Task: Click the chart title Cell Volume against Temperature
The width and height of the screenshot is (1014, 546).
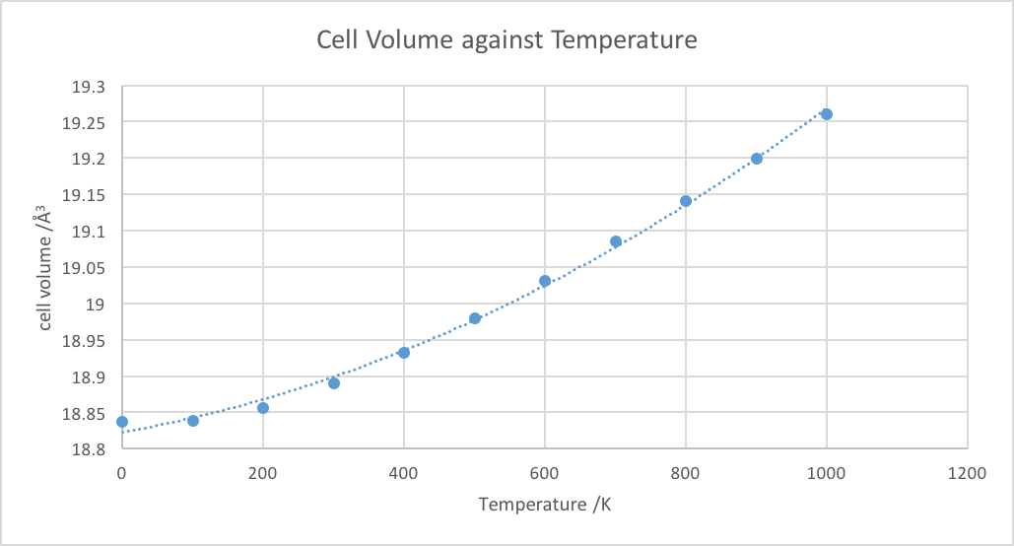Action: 507,40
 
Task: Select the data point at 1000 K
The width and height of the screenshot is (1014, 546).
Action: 827,114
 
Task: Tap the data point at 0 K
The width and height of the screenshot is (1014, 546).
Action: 122,422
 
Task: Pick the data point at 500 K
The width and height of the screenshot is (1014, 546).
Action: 475,318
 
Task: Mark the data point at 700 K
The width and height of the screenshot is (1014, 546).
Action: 616,241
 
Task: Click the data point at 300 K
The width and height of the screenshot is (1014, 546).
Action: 334,382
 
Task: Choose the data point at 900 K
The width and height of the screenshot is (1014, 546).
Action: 757,159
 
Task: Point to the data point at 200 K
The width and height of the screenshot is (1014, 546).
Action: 263,408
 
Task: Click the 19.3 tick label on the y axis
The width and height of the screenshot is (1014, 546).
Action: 89,87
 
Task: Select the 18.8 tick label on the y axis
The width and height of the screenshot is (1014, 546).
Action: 89,450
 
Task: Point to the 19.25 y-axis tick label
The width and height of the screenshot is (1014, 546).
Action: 85,123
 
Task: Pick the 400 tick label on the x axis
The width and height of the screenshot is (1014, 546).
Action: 404,473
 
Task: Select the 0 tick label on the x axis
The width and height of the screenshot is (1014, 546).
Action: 122,473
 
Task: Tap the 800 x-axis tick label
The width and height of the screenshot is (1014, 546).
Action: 686,473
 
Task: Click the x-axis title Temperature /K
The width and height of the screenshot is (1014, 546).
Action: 545,505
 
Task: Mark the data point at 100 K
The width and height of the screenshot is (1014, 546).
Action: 193,421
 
